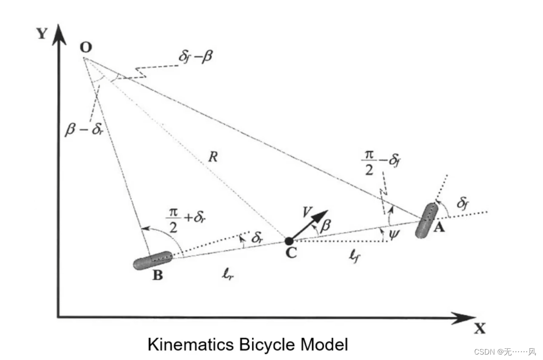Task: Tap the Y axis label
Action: click(42, 34)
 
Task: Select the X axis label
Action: click(480, 329)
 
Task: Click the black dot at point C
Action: click(288, 241)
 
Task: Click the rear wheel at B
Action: click(153, 260)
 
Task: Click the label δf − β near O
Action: click(196, 57)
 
